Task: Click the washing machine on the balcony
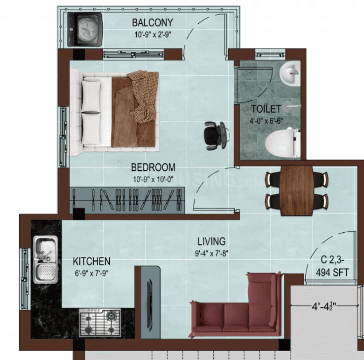[x=85, y=29]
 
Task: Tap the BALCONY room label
[x=153, y=23]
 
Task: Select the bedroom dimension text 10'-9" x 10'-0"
[x=153, y=180]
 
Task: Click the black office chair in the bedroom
[x=215, y=135]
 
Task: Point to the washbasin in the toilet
[x=290, y=74]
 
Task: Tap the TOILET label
[x=266, y=109]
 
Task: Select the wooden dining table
[x=297, y=190]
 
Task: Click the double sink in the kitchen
[x=46, y=260]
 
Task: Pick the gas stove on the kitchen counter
[x=100, y=323]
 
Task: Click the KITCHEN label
[x=91, y=262]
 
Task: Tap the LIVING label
[x=211, y=242]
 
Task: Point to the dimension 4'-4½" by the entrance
[x=324, y=306]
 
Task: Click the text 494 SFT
[x=332, y=272]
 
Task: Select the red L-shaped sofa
[x=236, y=305]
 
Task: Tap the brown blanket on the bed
[x=135, y=109]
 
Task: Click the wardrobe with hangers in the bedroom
[x=127, y=200]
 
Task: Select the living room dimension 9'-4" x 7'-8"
[x=211, y=253]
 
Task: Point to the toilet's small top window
[x=270, y=55]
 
